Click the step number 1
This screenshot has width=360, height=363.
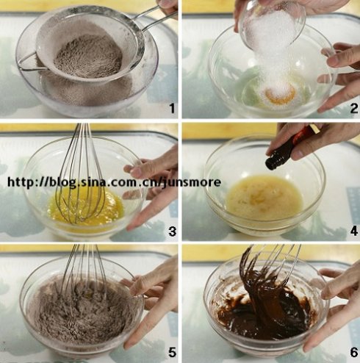tap(173, 108)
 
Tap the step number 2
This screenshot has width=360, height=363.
tap(354, 108)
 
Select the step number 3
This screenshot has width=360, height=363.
tap(173, 231)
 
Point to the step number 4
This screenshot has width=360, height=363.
tap(354, 231)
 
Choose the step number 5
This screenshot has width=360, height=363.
tap(173, 352)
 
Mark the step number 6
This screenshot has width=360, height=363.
tap(354, 352)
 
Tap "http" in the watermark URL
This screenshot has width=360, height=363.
tap(20, 182)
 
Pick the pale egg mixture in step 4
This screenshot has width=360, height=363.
tap(264, 197)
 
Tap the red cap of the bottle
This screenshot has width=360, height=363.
tap(306, 134)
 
